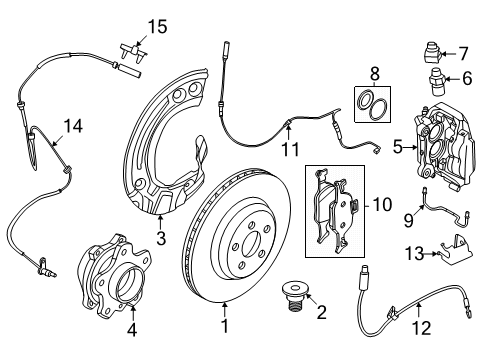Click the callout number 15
[157, 27]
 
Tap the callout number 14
[73, 126]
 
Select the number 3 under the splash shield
[161, 239]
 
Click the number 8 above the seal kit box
[375, 74]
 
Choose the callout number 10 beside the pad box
[382, 204]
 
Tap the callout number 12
[422, 328]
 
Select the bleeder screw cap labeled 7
[433, 53]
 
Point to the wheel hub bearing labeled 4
[113, 275]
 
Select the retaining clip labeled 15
[133, 52]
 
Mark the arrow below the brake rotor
[225, 309]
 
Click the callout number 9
[409, 220]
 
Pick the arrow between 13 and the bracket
[430, 254]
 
